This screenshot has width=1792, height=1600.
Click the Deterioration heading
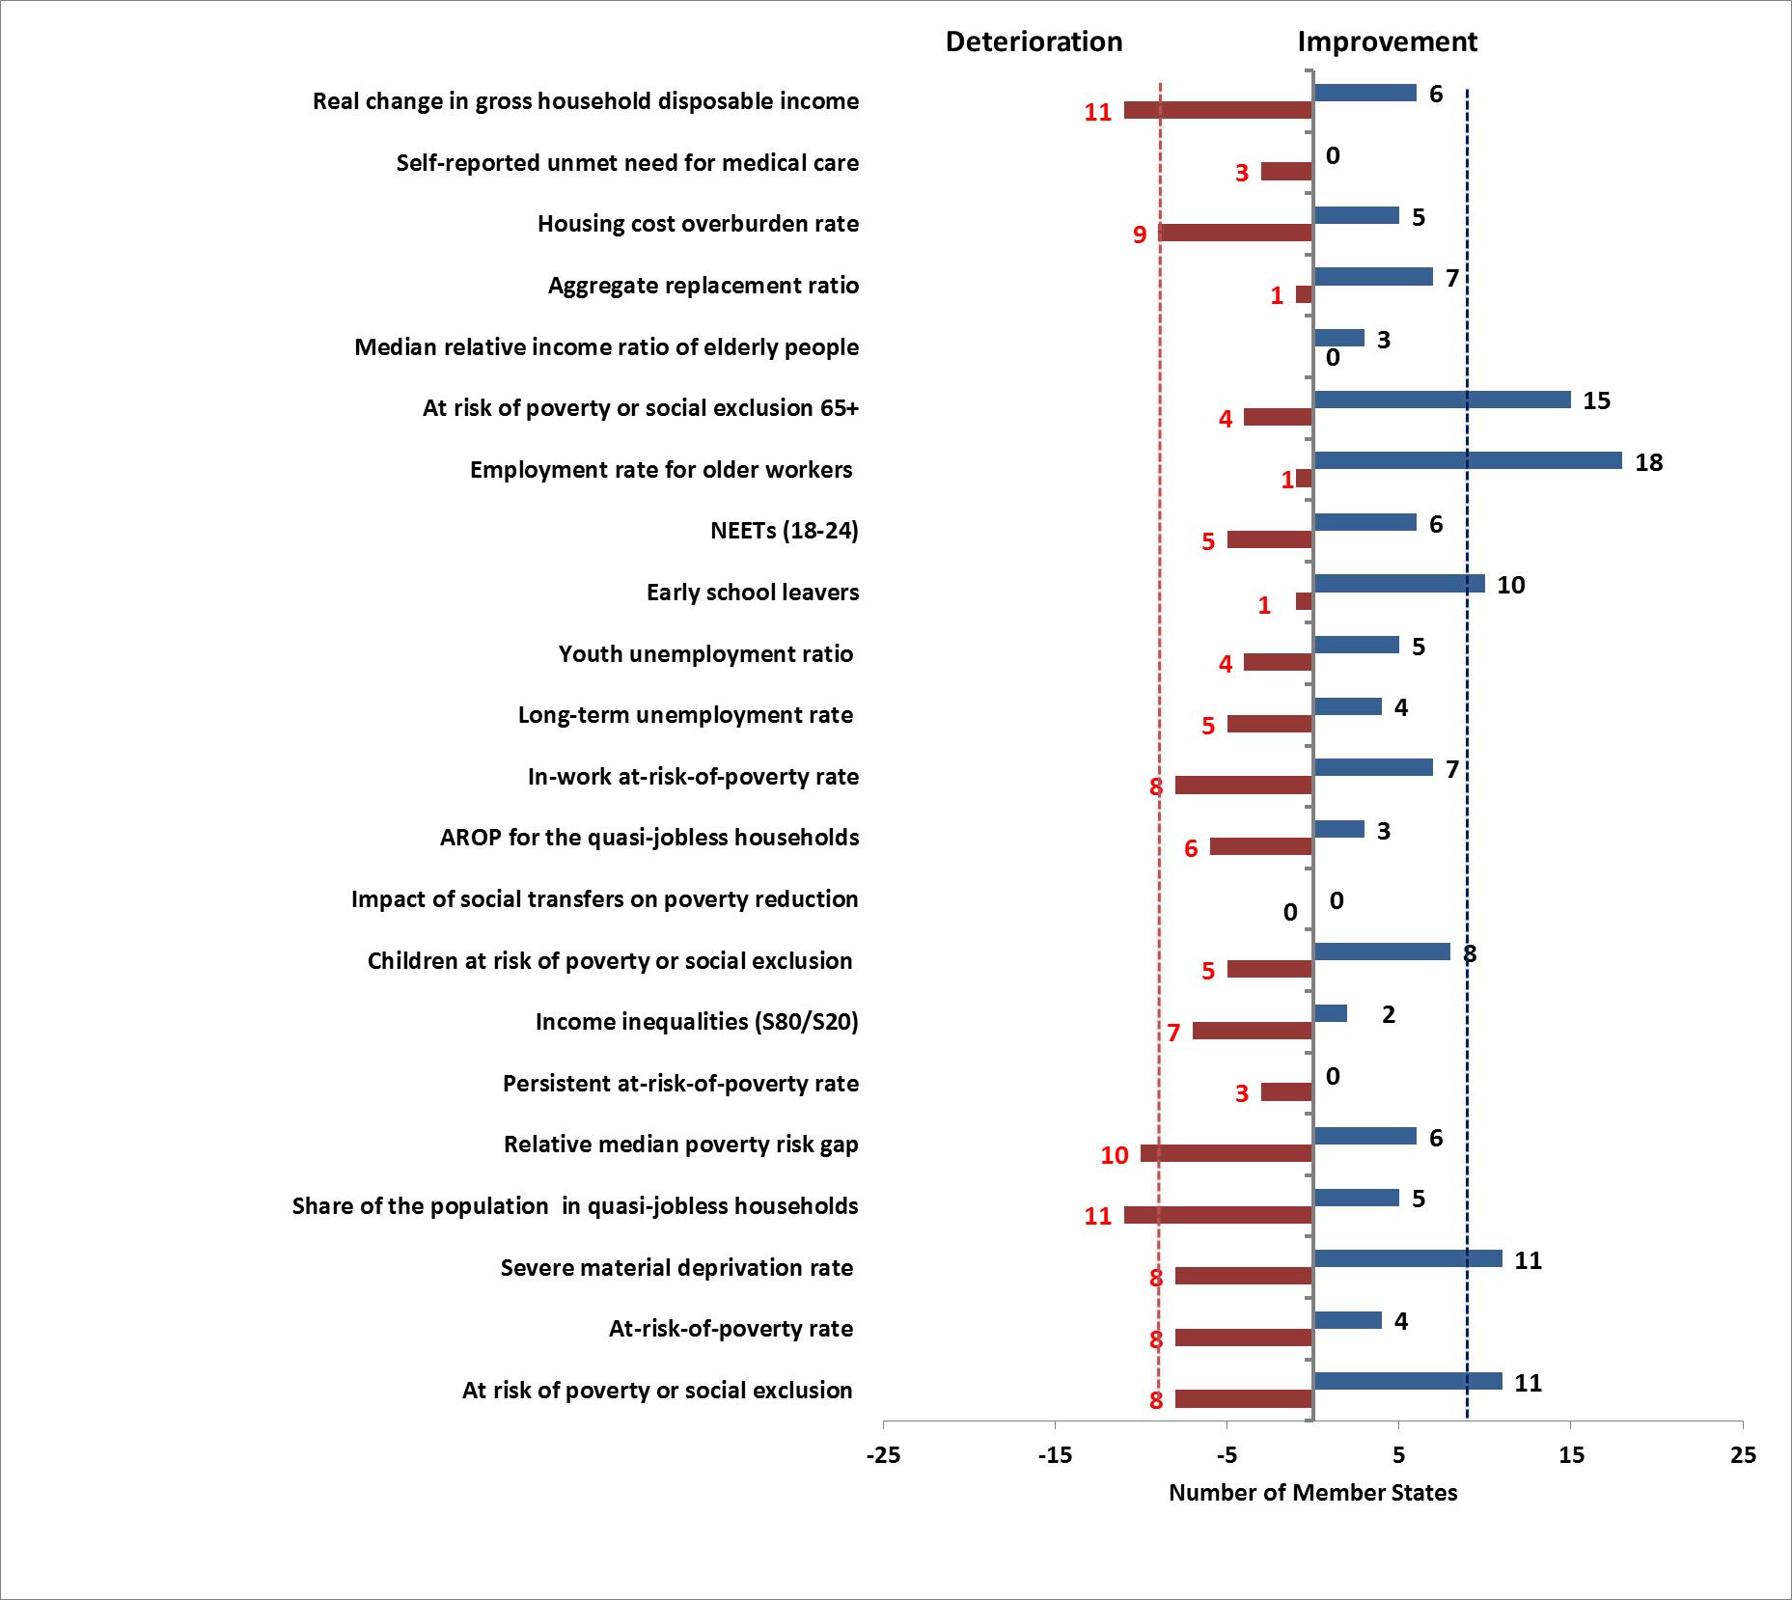[x=1034, y=42]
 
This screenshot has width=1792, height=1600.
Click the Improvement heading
[x=1387, y=42]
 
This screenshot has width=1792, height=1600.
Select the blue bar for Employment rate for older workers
[x=1468, y=461]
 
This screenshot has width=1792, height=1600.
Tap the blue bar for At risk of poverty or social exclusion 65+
[x=1442, y=400]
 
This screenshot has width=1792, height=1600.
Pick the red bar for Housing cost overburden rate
[x=1235, y=233]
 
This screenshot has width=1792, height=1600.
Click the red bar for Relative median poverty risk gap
[x=1227, y=1153]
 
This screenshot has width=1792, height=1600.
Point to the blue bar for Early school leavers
[x=1399, y=584]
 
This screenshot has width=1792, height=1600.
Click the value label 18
[x=1649, y=463]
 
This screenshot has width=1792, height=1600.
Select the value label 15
[x=1597, y=401]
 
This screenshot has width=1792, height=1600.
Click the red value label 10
[x=1115, y=1156]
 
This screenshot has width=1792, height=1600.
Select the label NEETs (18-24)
[x=784, y=531]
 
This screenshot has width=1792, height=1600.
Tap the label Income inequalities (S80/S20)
[x=697, y=1022]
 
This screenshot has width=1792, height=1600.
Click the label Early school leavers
[x=753, y=593]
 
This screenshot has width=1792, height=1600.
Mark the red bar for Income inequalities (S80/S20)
[x=1253, y=1031]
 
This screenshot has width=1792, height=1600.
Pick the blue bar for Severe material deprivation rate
[x=1408, y=1258]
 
